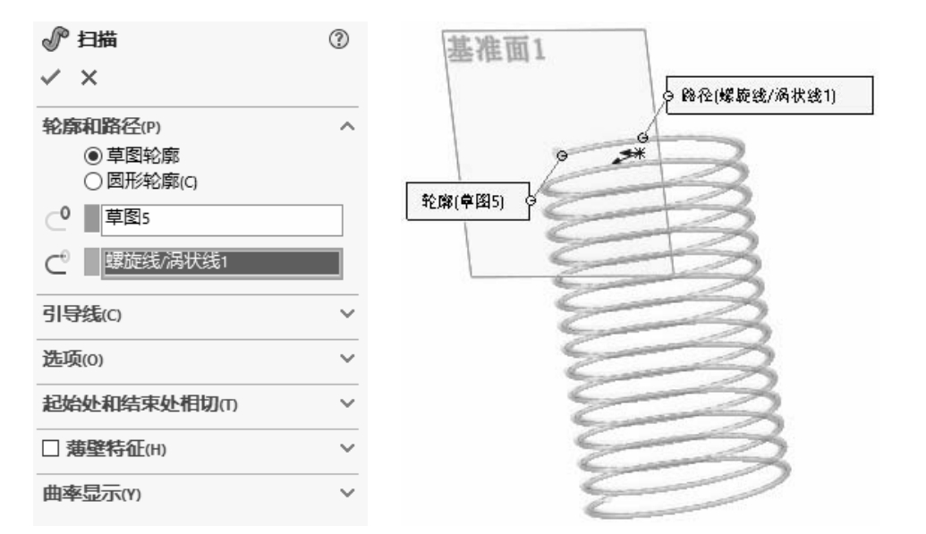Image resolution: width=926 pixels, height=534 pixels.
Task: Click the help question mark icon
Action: click(x=339, y=40)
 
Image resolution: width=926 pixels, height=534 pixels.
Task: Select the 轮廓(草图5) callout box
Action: click(x=456, y=201)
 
